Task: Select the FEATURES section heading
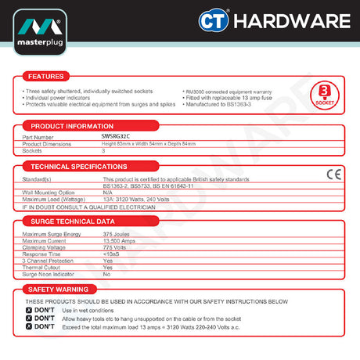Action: (41, 77)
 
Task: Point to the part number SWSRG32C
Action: (117, 137)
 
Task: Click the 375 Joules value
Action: (116, 234)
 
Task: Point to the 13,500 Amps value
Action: (117, 240)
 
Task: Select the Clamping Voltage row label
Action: (45, 247)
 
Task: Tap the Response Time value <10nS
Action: (110, 254)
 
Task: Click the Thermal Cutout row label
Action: (43, 267)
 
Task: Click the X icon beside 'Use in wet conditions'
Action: (29, 311)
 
